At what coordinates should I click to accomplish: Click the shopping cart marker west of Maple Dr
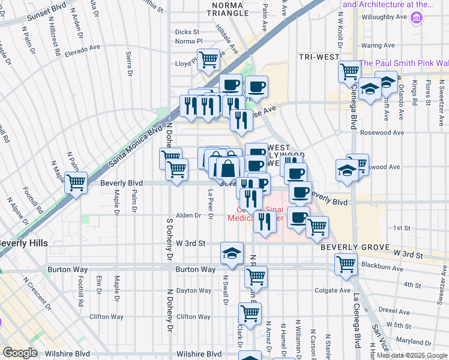coord(76,182)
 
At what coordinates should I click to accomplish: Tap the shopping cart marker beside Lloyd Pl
coord(208,59)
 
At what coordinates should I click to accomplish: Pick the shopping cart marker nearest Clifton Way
coord(250,313)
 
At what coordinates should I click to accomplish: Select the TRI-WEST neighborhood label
coord(319,56)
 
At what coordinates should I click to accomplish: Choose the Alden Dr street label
coord(188,215)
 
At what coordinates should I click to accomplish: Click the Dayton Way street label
coord(193,290)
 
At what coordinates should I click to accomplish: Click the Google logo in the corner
coord(20,353)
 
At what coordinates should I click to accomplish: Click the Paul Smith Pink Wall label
coord(403,63)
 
